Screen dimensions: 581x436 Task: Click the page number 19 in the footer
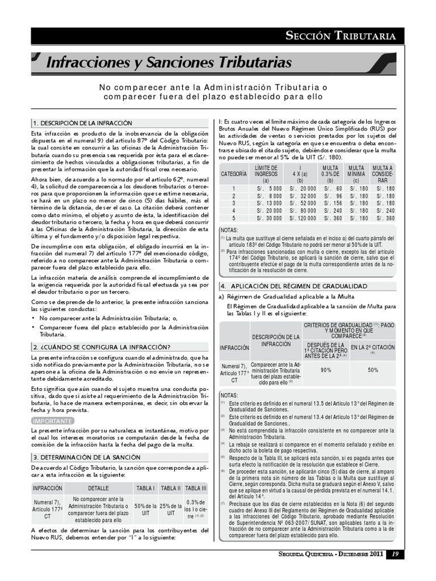395,569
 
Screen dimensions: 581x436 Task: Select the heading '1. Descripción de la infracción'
82,123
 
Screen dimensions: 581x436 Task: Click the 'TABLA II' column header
171,488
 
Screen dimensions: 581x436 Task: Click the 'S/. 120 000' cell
300,218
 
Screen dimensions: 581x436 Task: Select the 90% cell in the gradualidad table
326,370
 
